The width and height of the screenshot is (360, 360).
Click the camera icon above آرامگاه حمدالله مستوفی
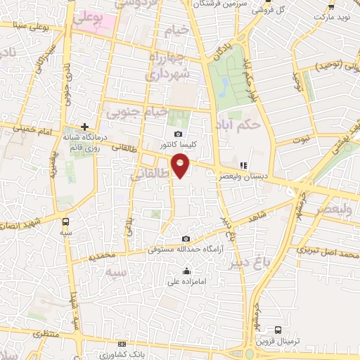pos(185,239)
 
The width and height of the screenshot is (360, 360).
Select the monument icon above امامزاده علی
pos(186,271)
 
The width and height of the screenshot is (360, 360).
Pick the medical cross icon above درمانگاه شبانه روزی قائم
pos(84,127)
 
